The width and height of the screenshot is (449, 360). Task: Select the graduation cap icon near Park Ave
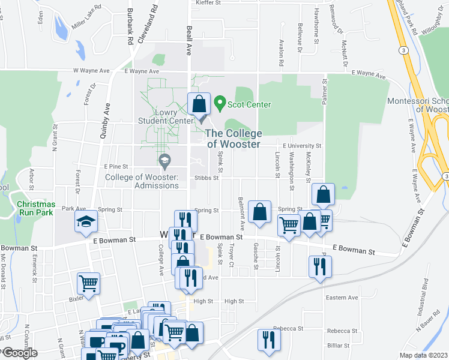pyautogui.click(x=85, y=221)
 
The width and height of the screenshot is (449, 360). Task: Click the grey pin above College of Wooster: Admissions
pyautogui.click(x=164, y=161)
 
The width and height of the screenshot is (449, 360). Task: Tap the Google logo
pyautogui.click(x=19, y=353)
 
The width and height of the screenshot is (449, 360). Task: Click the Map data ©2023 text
pyautogui.click(x=423, y=355)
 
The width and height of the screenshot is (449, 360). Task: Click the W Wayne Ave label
pyautogui.click(x=91, y=71)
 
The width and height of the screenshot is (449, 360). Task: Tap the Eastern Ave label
pyautogui.click(x=342, y=297)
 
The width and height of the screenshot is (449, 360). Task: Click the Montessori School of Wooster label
pyautogui.click(x=418, y=105)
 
